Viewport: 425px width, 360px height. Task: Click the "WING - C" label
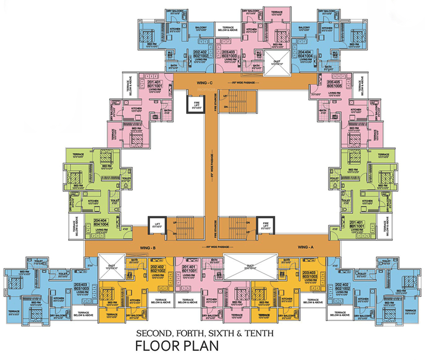click(204, 83)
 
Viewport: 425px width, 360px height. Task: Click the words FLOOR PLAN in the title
click(177, 346)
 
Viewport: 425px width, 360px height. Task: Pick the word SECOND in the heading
click(150, 333)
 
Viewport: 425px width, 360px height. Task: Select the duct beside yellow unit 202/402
click(111, 267)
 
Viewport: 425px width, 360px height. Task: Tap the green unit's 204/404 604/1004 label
click(102, 222)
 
